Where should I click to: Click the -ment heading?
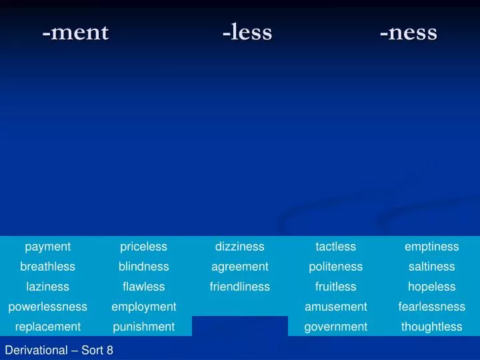75,32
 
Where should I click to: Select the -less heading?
247,32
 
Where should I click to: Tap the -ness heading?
408,32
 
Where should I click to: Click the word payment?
48,247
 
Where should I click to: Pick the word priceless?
143,247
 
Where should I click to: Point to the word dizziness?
239,247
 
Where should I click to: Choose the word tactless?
335,247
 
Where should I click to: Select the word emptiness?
431,247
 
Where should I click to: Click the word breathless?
48,267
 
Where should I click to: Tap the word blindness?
143,267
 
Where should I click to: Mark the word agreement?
239,267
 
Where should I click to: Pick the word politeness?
335,267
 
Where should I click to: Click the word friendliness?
239,287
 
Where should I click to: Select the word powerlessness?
48,307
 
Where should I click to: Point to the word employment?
143,307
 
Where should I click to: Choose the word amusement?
335,307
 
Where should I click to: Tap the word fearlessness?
431,307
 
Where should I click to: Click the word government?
335,327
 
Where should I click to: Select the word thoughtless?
431,327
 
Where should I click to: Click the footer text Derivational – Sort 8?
59,349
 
